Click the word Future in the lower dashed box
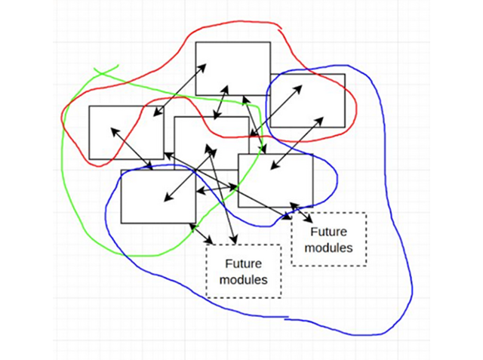(243, 264)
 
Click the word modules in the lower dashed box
(243, 280)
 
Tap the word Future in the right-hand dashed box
(328, 232)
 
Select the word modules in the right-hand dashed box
(328, 248)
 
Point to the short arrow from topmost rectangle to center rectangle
(221, 102)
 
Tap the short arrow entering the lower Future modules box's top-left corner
(201, 233)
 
